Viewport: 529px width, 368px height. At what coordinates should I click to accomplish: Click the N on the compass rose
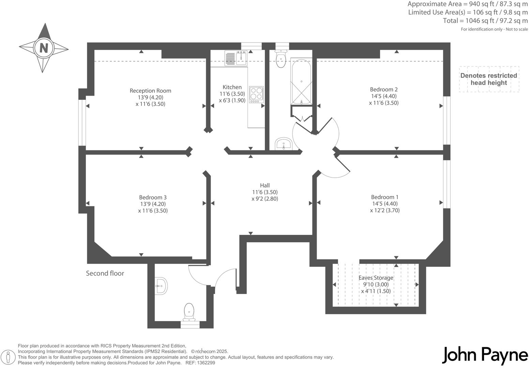(x=43, y=48)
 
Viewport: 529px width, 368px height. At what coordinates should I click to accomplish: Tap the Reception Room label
(x=150, y=91)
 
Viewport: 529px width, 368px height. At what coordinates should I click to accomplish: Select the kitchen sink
(x=235, y=58)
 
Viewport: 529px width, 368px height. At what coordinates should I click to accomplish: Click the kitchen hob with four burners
(x=256, y=94)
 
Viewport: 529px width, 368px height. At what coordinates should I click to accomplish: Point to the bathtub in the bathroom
(x=301, y=82)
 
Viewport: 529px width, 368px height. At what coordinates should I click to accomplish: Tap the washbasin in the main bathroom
(x=283, y=144)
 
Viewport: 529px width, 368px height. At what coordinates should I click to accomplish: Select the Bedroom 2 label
(x=384, y=89)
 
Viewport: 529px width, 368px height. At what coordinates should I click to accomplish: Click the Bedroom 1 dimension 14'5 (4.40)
(x=384, y=204)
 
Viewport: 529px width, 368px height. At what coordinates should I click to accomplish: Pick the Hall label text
(x=265, y=185)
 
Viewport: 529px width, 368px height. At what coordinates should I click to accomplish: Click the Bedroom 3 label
(x=153, y=197)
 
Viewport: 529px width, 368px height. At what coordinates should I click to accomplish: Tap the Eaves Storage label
(x=376, y=278)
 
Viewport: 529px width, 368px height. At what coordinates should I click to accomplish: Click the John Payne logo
(x=485, y=355)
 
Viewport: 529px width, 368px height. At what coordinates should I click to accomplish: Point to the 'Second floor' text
(x=105, y=273)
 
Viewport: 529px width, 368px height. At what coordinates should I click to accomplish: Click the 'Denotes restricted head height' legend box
(x=489, y=79)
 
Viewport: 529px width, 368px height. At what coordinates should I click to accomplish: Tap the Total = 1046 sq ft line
(x=485, y=21)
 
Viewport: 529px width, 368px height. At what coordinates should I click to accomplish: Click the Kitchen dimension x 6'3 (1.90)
(x=232, y=101)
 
